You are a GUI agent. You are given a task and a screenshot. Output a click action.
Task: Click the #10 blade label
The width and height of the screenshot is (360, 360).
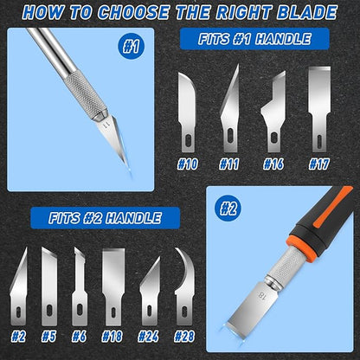pos(188,164)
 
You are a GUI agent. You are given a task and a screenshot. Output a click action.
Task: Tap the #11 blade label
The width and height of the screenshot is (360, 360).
pos(229,164)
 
